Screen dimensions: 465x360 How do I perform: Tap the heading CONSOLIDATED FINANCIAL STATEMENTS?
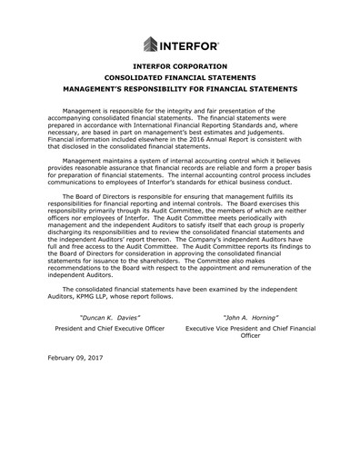click(x=180, y=78)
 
